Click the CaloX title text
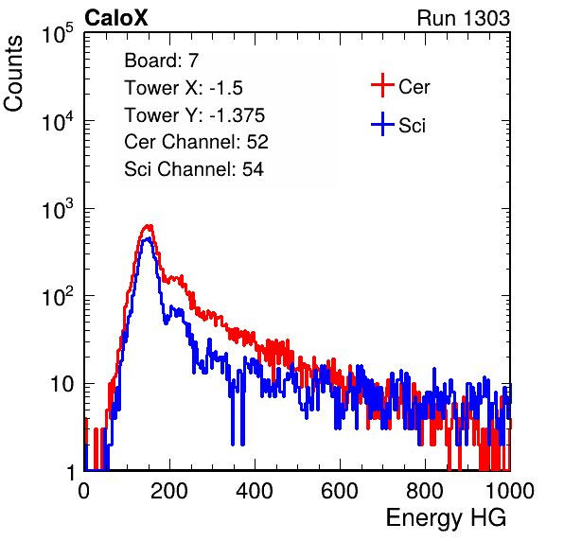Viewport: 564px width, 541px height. tap(115, 18)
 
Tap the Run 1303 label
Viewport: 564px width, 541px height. tap(464, 18)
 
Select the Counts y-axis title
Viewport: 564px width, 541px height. tap(13, 74)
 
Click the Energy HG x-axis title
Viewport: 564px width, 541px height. tap(446, 518)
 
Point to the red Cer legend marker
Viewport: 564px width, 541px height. tap(382, 85)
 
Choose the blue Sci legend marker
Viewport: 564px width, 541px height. tap(382, 125)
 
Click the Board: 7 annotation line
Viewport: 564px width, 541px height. tap(161, 61)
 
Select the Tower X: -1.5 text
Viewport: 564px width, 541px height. tap(184, 88)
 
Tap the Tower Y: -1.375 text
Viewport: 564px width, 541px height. tap(195, 115)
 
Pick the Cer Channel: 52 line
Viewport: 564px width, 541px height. tap(196, 142)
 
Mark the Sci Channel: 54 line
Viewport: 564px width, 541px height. tap(194, 169)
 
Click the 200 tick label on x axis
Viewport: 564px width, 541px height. tap(169, 491)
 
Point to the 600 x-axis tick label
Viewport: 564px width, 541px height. tap(340, 491)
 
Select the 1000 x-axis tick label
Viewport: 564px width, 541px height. tap(510, 491)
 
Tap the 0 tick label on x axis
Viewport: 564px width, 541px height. tap(84, 491)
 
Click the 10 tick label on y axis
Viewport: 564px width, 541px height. tap(62, 384)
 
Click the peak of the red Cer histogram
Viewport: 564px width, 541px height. tap(149, 226)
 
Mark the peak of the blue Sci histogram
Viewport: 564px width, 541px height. tap(148, 238)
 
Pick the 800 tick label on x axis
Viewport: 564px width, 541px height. tap(425, 491)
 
